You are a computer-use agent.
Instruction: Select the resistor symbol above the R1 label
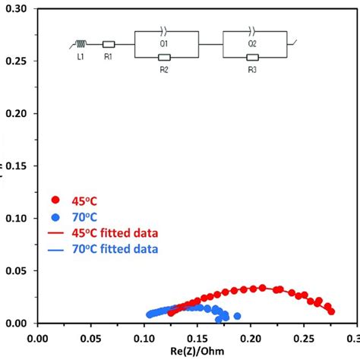[109, 44]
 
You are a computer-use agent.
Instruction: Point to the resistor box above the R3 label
[252, 57]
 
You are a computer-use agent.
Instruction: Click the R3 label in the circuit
[252, 68]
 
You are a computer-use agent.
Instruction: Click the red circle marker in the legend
[55, 200]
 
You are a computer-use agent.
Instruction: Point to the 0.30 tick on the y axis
[17, 8]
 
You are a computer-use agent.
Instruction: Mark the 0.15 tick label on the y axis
[17, 166]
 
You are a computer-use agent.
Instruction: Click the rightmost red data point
[330, 310]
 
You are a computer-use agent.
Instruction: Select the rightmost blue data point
[237, 316]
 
